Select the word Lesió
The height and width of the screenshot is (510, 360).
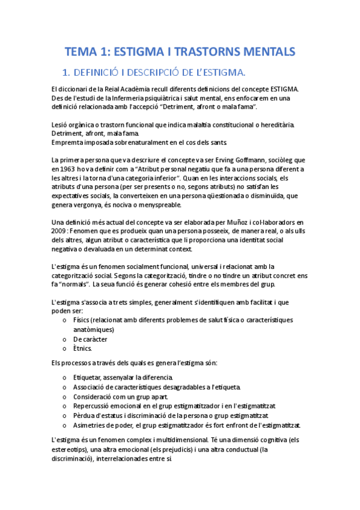click(x=63, y=124)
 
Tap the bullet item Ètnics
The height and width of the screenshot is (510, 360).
click(x=82, y=348)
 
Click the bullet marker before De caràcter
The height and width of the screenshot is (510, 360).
click(x=64, y=339)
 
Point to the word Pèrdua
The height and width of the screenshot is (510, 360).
click(x=86, y=415)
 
